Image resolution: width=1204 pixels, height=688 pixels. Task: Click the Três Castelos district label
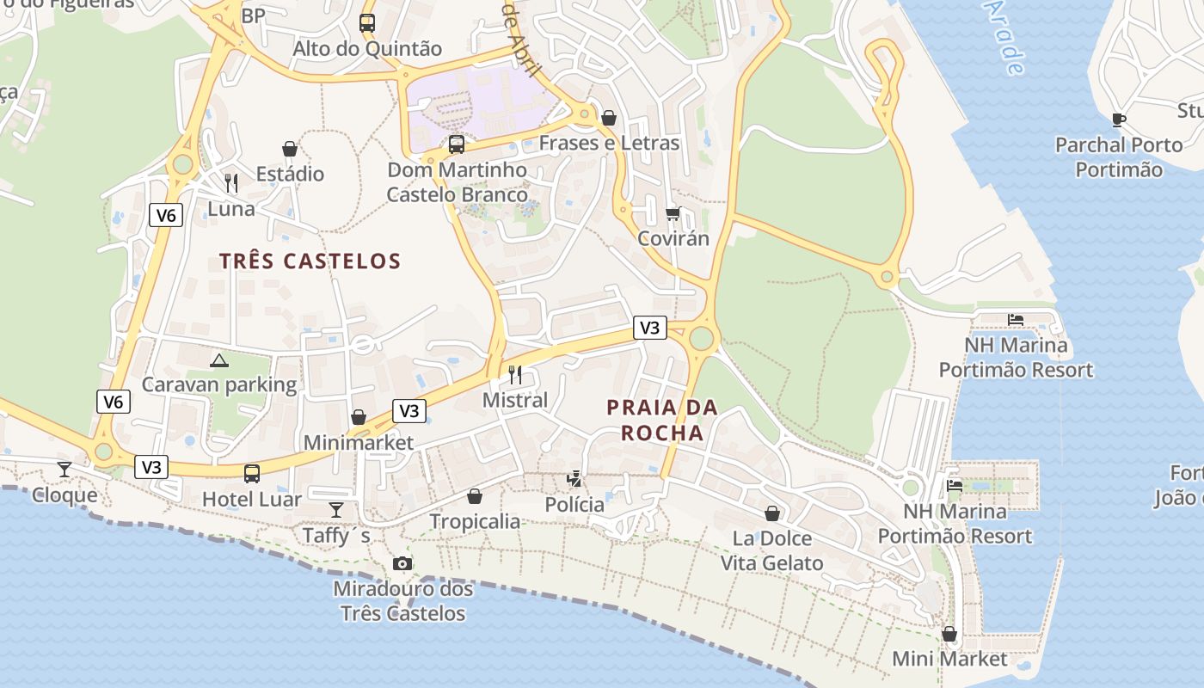pyautogui.click(x=310, y=261)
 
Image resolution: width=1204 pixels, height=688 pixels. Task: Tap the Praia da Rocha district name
pyautogui.click(x=662, y=420)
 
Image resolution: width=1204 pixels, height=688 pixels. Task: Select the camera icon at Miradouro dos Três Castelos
pyautogui.click(x=402, y=564)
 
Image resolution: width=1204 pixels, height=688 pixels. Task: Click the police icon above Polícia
pyautogui.click(x=574, y=478)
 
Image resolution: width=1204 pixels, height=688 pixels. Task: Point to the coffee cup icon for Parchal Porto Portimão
pyautogui.click(x=1118, y=120)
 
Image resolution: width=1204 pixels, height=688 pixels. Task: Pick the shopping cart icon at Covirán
pyautogui.click(x=673, y=213)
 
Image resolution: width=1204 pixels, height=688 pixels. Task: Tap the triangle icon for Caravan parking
pyautogui.click(x=219, y=359)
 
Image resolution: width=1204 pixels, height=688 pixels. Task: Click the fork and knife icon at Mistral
pyautogui.click(x=515, y=374)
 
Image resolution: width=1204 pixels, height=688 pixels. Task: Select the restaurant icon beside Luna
pyautogui.click(x=230, y=182)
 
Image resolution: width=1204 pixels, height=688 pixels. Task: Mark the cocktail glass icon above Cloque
pyautogui.click(x=64, y=470)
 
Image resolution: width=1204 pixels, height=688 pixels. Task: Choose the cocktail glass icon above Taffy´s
pyautogui.click(x=336, y=510)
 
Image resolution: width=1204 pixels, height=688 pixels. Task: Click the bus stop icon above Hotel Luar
pyautogui.click(x=252, y=473)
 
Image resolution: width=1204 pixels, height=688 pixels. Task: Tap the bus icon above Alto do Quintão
pyautogui.click(x=367, y=23)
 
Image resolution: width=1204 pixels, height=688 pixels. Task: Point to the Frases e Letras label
pyautogui.click(x=609, y=143)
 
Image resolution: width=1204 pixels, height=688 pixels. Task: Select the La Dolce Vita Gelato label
pyautogui.click(x=771, y=550)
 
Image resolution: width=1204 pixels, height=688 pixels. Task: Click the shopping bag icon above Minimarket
pyautogui.click(x=359, y=417)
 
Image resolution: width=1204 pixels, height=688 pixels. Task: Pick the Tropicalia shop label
pyautogui.click(x=475, y=521)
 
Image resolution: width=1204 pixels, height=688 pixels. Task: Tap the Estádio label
pyautogui.click(x=290, y=174)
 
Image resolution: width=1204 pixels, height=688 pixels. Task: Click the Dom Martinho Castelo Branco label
pyautogui.click(x=457, y=182)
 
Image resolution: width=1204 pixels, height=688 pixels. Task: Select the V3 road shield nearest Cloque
pyautogui.click(x=151, y=467)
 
